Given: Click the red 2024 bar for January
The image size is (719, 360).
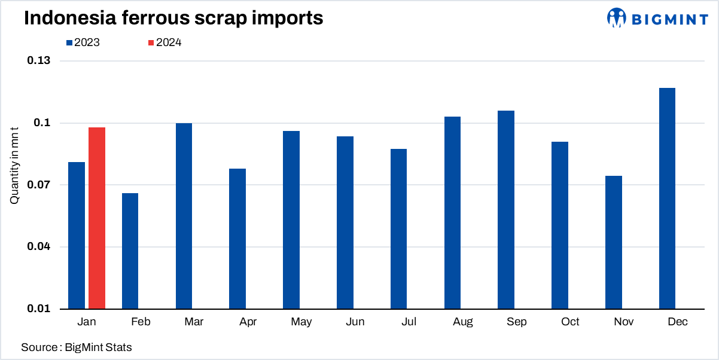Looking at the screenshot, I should tap(97, 218).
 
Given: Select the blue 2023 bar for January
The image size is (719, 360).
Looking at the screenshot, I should tap(77, 236).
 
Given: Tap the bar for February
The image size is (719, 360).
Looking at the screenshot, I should tap(130, 251).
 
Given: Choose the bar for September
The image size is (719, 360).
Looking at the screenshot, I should tap(506, 210).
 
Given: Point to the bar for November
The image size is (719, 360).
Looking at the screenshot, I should tap(614, 242).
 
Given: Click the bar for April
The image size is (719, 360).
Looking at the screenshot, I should tap(237, 239).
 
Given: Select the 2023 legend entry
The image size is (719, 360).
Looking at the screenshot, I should tap(83, 42).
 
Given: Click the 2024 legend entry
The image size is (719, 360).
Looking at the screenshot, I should tap(164, 42).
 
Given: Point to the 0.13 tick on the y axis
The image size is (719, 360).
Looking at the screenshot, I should tap(38, 61).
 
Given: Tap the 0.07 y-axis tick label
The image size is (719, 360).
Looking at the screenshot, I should tap(38, 185).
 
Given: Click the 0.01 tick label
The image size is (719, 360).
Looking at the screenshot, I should tap(38, 309).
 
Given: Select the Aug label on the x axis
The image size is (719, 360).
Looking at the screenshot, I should tap(463, 322).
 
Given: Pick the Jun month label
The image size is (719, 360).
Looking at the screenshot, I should tap(355, 322).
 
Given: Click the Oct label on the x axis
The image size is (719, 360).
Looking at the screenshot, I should tap(570, 322).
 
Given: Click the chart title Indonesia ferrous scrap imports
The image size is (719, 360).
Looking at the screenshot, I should tap(173, 18).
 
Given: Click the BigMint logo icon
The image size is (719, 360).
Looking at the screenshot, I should tap(616, 17).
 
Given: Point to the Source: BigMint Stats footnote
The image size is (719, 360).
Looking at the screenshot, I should tap(77, 347).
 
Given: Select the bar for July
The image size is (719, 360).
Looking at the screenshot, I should tap(398, 229).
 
